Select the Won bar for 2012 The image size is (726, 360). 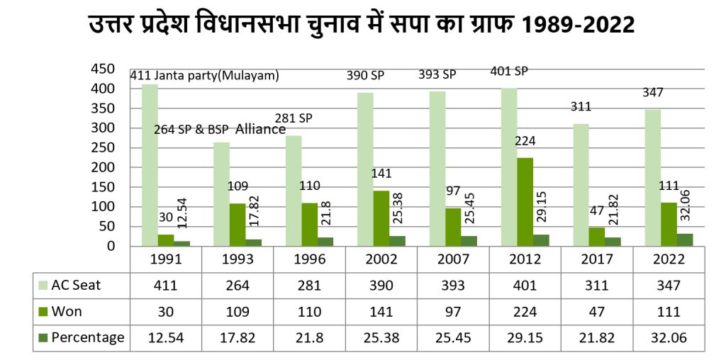click(x=525, y=202)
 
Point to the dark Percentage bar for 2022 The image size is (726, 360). click(x=685, y=240)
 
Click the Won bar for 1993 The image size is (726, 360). click(x=238, y=225)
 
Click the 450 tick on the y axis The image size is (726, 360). click(x=104, y=69)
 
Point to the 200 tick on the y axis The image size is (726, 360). click(x=104, y=167)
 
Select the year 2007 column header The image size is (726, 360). click(x=453, y=259)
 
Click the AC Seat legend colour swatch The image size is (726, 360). click(x=43, y=286)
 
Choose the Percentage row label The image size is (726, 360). click(x=87, y=337)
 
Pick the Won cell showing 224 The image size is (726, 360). click(x=525, y=312)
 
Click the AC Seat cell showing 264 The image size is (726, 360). click(x=238, y=286)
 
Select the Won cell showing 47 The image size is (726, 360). click(x=597, y=312)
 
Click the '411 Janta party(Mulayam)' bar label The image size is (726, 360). click(x=205, y=76)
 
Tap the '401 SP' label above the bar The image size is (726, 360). click(x=510, y=71)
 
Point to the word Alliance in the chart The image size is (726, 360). click(x=260, y=129)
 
